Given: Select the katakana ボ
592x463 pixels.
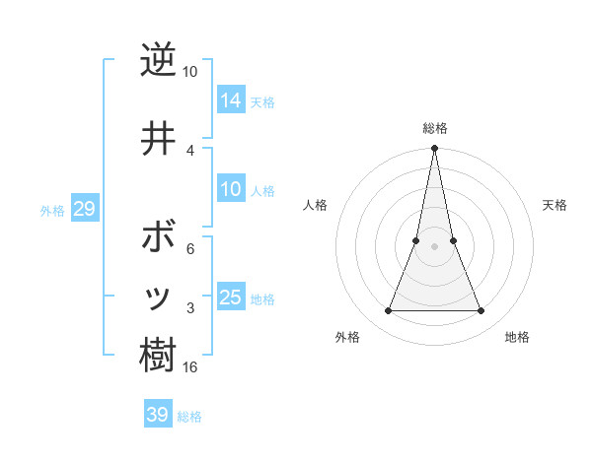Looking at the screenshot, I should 157,239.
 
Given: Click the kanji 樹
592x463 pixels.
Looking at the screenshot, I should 157,355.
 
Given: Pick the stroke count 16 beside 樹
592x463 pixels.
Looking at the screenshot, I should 190,367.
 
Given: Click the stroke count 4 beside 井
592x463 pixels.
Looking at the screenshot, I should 190,149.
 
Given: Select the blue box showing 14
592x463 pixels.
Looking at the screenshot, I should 231,99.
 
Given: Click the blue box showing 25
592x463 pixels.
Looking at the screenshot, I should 231,298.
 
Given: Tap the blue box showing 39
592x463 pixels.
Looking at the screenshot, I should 157,415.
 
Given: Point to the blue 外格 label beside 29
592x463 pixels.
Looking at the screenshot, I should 52,210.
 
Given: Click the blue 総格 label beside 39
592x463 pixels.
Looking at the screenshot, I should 189,417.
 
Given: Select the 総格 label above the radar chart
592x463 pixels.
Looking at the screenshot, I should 435,128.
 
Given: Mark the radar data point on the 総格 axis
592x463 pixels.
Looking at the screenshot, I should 434,149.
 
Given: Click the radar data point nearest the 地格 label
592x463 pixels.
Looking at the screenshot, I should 481,311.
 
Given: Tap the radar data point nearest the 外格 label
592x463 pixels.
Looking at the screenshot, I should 388,311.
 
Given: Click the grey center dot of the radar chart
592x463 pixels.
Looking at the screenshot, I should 434,246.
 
